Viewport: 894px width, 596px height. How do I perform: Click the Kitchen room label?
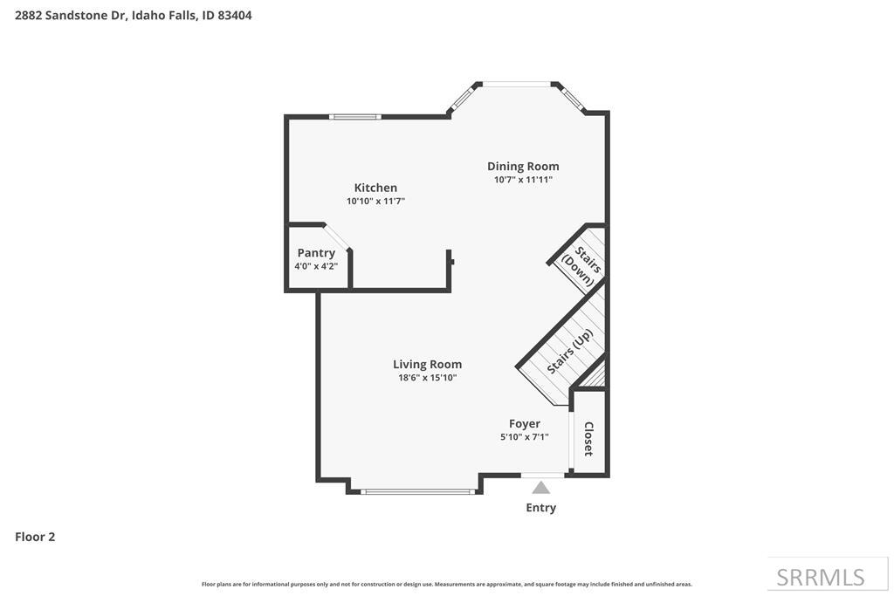(375, 188)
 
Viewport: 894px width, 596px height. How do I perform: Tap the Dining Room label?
(523, 167)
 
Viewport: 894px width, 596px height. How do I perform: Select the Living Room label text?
(427, 365)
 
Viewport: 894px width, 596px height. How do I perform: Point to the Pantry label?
(316, 253)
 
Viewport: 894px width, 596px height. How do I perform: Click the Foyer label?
(525, 424)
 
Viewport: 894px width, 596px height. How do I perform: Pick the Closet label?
(589, 439)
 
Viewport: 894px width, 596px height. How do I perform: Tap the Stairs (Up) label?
(570, 352)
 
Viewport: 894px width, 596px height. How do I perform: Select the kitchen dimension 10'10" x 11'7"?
(375, 201)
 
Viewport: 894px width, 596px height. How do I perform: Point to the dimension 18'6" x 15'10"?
(427, 378)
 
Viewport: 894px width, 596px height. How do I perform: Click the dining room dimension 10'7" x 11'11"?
(523, 180)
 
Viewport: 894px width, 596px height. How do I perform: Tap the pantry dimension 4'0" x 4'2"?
(316, 266)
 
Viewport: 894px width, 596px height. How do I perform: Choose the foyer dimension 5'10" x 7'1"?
(525, 437)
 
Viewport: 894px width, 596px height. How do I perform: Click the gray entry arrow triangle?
(541, 488)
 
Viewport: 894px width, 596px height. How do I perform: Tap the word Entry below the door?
(541, 508)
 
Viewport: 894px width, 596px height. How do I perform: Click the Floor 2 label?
(35, 537)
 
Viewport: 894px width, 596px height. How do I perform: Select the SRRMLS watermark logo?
(821, 577)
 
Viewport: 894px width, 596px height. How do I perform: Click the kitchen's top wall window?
(354, 116)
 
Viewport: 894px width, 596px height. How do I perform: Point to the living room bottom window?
(419, 492)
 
